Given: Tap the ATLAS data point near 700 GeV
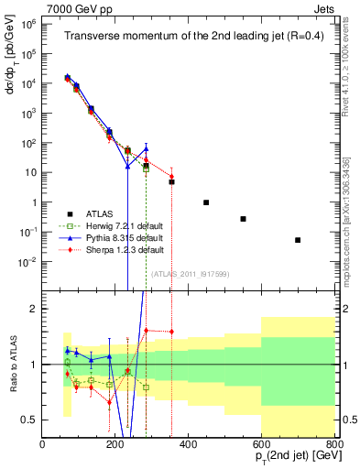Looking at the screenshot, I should pyautogui.click(x=298, y=240).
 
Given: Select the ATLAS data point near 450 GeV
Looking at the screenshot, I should pyautogui.click(x=206, y=202).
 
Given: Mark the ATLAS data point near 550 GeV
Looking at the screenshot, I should pyautogui.click(x=243, y=219).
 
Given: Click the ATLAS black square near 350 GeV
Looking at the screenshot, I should pyautogui.click(x=171, y=182).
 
